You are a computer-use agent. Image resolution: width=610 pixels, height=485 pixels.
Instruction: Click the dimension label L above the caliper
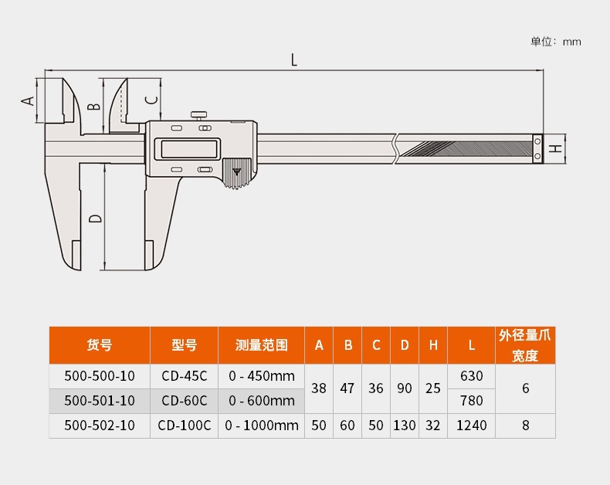(293, 60)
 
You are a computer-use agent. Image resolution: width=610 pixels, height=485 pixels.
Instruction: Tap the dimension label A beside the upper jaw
(28, 101)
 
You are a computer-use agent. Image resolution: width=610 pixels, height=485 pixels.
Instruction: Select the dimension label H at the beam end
(556, 148)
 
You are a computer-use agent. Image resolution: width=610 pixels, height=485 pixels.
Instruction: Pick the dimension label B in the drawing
(94, 105)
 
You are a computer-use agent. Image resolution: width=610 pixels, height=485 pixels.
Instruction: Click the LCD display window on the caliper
(188, 149)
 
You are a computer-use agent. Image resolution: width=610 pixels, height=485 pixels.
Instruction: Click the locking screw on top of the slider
(198, 116)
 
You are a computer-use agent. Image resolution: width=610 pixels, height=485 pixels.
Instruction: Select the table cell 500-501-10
(100, 401)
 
